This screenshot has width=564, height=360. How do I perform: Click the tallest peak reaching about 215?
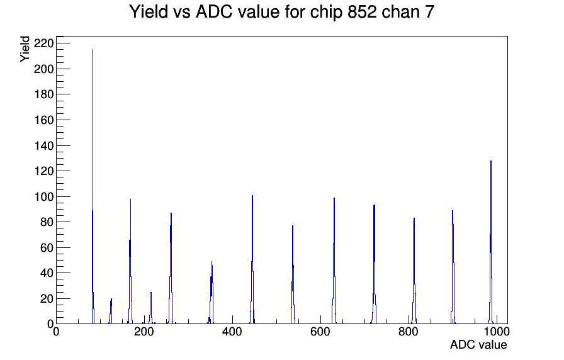pos(93,187)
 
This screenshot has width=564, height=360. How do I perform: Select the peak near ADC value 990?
pos(490,243)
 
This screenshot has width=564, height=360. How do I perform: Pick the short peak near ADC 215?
pos(150,308)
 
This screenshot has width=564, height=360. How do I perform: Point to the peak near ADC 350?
pos(211,293)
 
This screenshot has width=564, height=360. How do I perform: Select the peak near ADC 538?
pos(293,275)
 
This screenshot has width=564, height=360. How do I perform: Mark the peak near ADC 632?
pos(334,261)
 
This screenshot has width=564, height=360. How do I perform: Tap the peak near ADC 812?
pos(414,271)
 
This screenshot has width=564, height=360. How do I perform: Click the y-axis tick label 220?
pos(43,43)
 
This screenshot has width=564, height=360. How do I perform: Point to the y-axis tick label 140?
pos(43,145)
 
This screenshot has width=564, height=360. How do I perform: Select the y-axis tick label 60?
pos(47,247)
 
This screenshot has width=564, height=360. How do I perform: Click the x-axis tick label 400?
pos(232,331)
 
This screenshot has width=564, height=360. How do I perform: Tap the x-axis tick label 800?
pos(409,331)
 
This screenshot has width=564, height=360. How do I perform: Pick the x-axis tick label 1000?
pos(497,331)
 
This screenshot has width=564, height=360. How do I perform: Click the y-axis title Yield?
pos(25,49)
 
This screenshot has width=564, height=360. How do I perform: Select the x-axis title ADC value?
pos(478,344)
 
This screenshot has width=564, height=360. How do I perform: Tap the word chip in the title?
pos(327,12)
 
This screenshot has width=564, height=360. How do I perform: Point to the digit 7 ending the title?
pos(430,11)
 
